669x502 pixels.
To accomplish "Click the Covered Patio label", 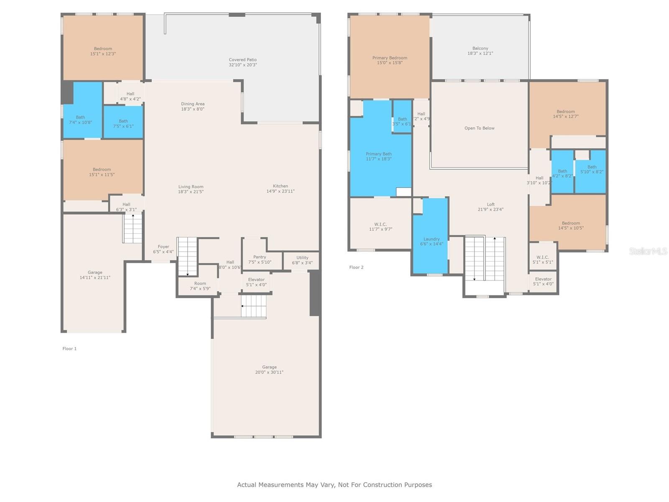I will [243, 60].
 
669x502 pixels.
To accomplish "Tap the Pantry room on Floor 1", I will [259, 259].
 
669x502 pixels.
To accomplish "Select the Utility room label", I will [302, 258].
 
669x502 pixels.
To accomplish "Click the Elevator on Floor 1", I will [256, 282].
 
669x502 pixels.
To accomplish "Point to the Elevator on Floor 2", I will [543, 281].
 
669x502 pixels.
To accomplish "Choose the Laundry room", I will [431, 241].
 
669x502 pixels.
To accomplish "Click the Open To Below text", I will [479, 128].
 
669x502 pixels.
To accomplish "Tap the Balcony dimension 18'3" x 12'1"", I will [480, 54].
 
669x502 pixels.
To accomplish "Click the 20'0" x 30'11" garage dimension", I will [269, 372].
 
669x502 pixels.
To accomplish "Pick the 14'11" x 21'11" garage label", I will [95, 277].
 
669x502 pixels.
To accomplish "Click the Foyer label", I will [163, 247].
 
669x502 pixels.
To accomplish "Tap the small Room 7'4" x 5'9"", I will [200, 286].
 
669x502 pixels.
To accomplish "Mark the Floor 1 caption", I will [69, 348].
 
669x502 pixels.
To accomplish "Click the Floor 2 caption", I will [356, 267].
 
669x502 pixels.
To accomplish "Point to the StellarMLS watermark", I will [648, 251].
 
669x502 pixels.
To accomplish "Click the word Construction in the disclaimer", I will [382, 485].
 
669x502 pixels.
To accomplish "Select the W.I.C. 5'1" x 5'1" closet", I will [542, 259].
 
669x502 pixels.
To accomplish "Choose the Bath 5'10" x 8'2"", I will [591, 169].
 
